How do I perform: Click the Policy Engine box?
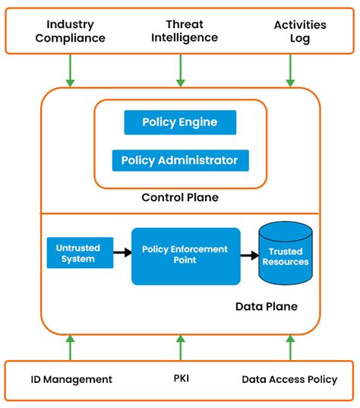click(x=180, y=122)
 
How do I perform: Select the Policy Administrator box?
click(x=180, y=160)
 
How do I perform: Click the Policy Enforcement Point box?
click(x=185, y=255)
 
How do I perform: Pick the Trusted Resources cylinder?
click(x=285, y=255)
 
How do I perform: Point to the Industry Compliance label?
click(x=70, y=32)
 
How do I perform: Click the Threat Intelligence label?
click(x=180, y=31)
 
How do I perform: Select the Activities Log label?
click(x=289, y=32)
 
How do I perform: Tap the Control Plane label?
click(x=180, y=198)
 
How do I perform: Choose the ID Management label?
click(x=71, y=379)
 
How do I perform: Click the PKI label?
click(x=180, y=378)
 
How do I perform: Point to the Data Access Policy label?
click(x=289, y=379)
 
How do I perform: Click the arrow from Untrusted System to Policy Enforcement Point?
click(x=122, y=253)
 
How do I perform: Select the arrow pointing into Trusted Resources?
click(x=249, y=255)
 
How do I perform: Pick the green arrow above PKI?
click(x=180, y=347)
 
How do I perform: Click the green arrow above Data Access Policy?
click(x=289, y=347)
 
